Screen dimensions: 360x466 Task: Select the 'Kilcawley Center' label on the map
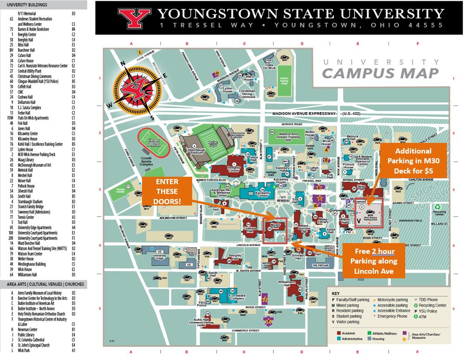262,195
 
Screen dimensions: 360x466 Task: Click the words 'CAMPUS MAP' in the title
380,73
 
